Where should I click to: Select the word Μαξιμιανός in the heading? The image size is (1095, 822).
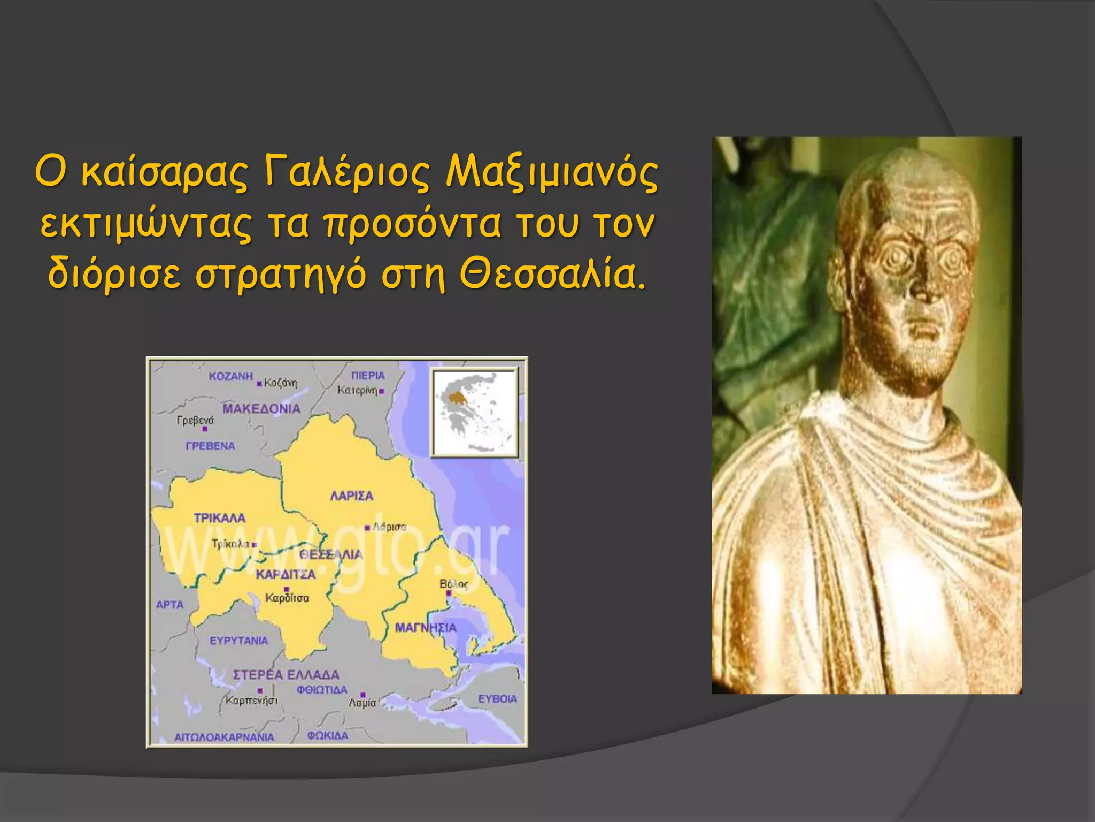click(552, 174)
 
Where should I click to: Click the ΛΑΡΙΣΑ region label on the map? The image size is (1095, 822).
click(351, 496)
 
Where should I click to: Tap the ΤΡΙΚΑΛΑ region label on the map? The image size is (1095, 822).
click(219, 518)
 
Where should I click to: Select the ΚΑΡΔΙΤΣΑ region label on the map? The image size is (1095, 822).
click(286, 575)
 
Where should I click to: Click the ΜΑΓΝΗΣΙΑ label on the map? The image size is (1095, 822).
click(426, 628)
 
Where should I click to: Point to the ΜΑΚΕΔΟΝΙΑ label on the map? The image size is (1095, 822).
click(261, 409)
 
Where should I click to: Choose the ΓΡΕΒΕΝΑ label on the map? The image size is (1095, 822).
click(210, 446)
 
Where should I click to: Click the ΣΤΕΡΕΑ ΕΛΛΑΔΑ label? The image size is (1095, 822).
click(286, 675)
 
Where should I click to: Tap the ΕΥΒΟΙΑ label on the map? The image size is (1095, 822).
click(497, 699)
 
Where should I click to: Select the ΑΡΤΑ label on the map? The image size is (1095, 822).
click(169, 605)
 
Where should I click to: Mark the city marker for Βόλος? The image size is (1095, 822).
click(449, 593)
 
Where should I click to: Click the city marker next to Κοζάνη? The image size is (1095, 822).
click(259, 384)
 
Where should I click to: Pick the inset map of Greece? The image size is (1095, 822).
click(474, 412)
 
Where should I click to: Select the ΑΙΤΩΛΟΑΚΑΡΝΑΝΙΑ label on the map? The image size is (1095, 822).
click(224, 737)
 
